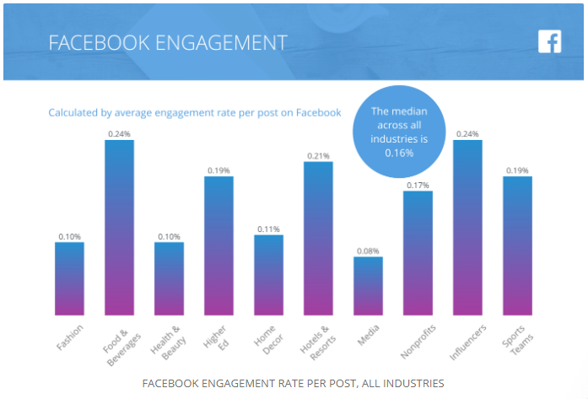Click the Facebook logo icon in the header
(549, 41)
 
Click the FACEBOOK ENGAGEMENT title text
(167, 43)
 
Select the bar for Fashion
(69, 278)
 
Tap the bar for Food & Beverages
(119, 228)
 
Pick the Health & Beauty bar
(169, 278)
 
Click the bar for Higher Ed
(218, 245)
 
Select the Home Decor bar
(268, 275)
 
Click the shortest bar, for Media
(368, 286)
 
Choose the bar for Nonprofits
(418, 253)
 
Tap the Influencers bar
(467, 228)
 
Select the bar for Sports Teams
(517, 245)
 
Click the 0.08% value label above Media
(368, 251)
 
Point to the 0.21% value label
(318, 155)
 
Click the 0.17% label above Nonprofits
(418, 185)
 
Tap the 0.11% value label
(268, 229)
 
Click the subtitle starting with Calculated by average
(194, 112)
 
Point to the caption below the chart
(294, 384)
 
